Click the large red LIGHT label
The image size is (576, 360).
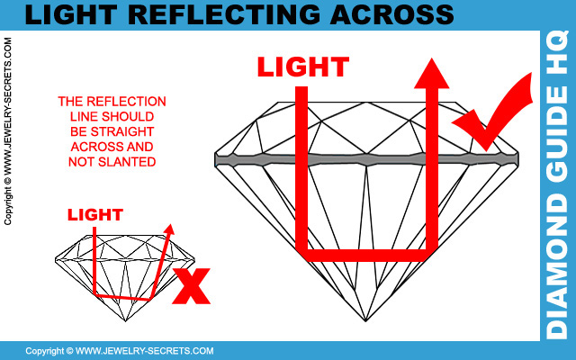(302, 68)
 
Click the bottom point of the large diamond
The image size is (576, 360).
(365, 320)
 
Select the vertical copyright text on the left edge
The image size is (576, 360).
(8, 131)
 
